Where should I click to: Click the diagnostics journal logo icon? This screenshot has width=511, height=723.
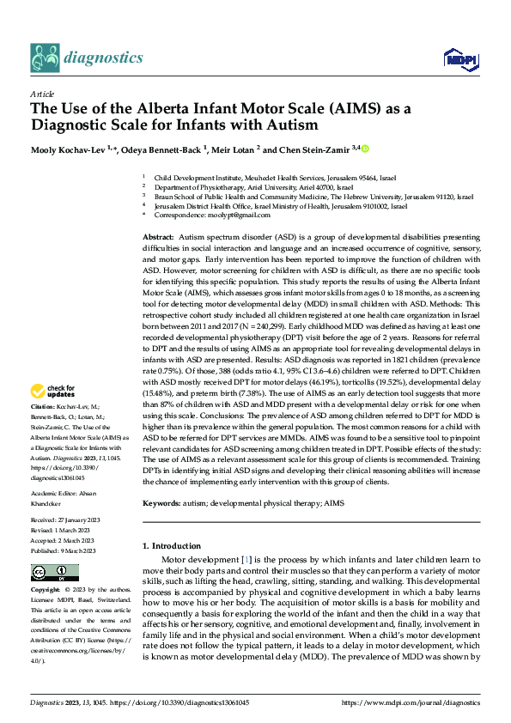pyautogui.click(x=45, y=58)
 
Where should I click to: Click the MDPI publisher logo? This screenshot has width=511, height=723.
pyautogui.click(x=458, y=58)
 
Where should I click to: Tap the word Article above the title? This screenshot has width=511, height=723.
pyautogui.click(x=43, y=94)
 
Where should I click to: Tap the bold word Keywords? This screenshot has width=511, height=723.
pyautogui.click(x=162, y=503)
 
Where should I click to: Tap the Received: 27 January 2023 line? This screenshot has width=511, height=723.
pyautogui.click(x=73, y=519)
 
